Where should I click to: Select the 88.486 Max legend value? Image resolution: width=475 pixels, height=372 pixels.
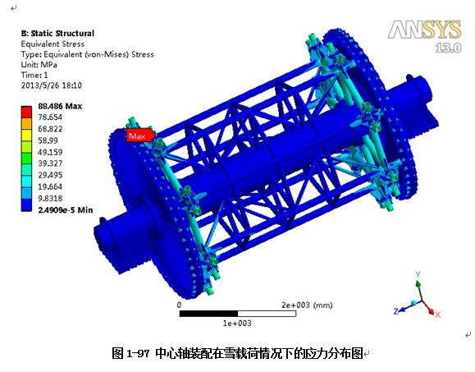[60, 106]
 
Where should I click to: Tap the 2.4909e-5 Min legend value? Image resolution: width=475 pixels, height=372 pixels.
[66, 209]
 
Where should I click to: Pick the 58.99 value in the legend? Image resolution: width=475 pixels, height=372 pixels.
[48, 140]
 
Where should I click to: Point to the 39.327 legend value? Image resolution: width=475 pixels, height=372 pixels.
[50, 163]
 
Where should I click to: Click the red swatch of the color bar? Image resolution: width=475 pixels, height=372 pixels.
[26, 112]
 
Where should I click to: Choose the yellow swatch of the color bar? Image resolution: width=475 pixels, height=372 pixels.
[26, 135]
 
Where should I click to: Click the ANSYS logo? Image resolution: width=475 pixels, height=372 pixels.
[425, 30]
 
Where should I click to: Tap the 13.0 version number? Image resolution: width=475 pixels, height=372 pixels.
[449, 48]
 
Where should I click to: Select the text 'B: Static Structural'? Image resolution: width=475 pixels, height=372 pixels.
[57, 34]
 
